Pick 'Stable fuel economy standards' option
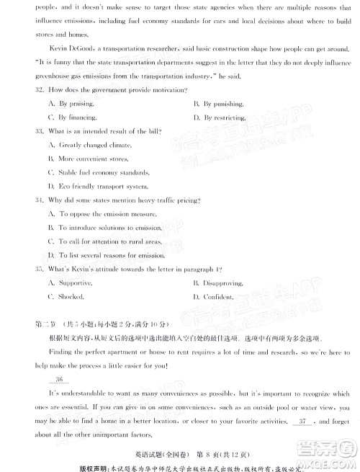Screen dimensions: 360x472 point(104,172)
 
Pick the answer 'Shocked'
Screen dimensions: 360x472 point(71,296)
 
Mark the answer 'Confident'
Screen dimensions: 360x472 point(217,296)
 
